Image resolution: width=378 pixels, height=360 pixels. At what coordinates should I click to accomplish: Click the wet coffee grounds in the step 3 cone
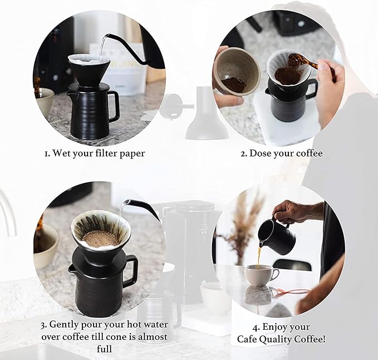[x=100, y=238]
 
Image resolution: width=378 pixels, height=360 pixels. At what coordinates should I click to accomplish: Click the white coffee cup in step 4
[x=261, y=274]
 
